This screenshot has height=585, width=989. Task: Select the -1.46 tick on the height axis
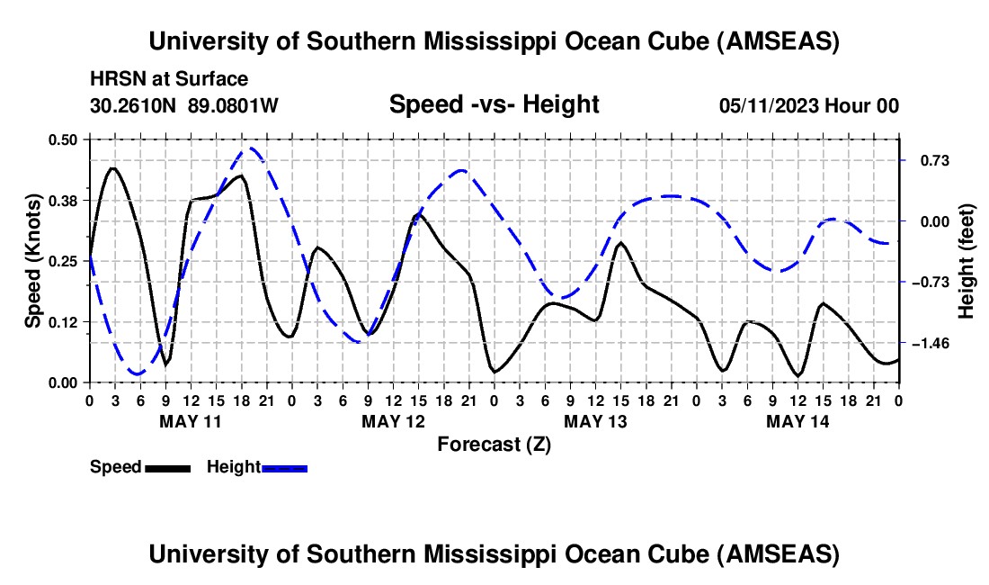[x=929, y=344]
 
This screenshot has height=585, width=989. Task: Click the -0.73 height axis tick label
[x=929, y=283]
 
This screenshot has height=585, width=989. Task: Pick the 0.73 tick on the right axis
[x=927, y=161]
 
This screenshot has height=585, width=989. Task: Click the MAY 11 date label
[x=191, y=420]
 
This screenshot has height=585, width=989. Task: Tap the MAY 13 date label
[x=595, y=420]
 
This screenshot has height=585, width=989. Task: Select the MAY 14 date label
[x=797, y=420]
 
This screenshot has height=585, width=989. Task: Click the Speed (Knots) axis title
[x=32, y=261]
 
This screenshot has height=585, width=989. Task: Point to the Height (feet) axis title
[x=967, y=261]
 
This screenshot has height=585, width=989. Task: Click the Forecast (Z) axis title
[x=494, y=444]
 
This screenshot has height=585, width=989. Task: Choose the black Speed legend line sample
[x=167, y=467]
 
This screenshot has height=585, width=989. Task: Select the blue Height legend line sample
[x=284, y=467]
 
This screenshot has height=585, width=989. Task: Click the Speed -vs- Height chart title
[x=494, y=104]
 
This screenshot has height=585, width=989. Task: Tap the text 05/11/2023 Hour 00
[x=809, y=106]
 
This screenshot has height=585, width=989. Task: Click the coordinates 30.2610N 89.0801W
[x=184, y=106]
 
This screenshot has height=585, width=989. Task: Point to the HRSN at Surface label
[x=169, y=80]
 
